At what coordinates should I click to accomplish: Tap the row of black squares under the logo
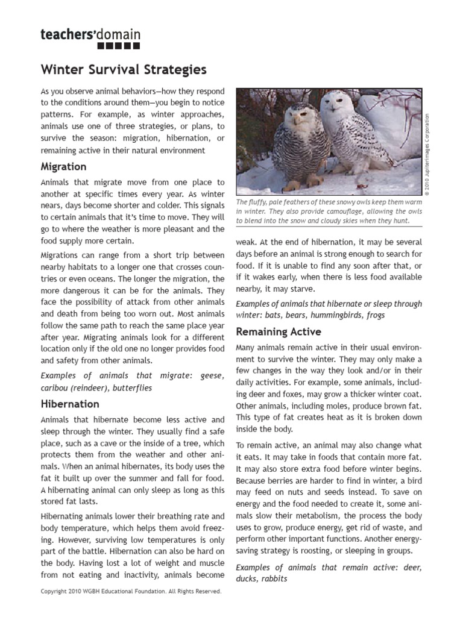[x=119, y=46]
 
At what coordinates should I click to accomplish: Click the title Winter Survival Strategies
[x=124, y=70]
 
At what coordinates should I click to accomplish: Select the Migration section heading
[x=63, y=166]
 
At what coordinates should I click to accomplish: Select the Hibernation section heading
[x=70, y=404]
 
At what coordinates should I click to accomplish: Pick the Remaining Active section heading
[x=279, y=331]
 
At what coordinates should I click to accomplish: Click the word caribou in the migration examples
[x=58, y=387]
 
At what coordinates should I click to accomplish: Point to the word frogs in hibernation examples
[x=374, y=315]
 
